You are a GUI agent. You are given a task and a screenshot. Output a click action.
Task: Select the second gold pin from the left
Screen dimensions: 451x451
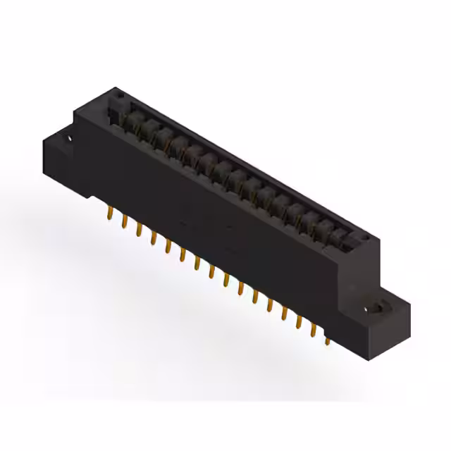pos(125,222)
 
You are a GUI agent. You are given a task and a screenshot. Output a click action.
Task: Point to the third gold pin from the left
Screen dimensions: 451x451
pos(139,230)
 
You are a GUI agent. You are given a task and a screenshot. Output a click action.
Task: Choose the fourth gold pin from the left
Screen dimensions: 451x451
pos(153,238)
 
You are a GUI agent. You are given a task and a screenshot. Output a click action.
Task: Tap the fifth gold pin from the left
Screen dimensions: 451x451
pos(168,247)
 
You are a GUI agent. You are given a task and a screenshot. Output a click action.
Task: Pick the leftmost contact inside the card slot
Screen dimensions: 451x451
pos(133,120)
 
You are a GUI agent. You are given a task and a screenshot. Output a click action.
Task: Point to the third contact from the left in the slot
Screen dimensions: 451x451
pos(165,137)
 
